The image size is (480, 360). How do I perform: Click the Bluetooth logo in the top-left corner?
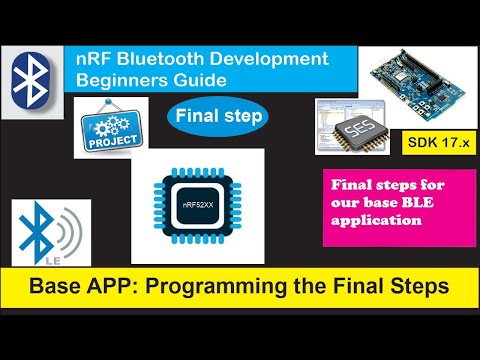[x=35, y=81]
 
